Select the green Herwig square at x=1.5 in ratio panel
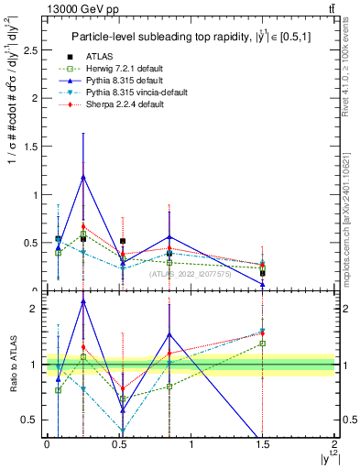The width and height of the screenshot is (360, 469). [262, 344]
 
